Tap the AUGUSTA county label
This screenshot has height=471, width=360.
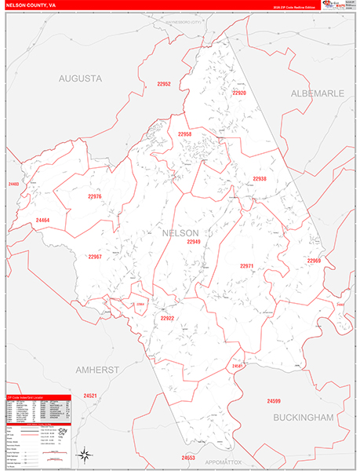(x=81, y=78)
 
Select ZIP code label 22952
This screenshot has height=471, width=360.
(x=163, y=84)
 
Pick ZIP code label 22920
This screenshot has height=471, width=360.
(x=239, y=93)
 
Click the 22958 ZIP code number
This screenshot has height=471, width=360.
(x=184, y=134)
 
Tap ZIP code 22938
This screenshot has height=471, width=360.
(x=260, y=179)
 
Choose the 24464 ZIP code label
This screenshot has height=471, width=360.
(x=42, y=220)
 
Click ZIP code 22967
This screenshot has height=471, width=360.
(x=95, y=257)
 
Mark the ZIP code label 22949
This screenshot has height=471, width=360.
(x=194, y=242)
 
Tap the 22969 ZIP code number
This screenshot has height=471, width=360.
(x=314, y=260)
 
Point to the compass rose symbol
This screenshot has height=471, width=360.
(x=83, y=454)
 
